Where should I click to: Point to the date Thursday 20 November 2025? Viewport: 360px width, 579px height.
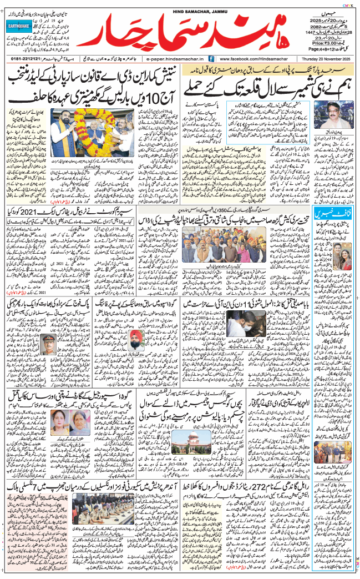point(327,58)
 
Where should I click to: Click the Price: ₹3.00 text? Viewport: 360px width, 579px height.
point(325,42)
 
